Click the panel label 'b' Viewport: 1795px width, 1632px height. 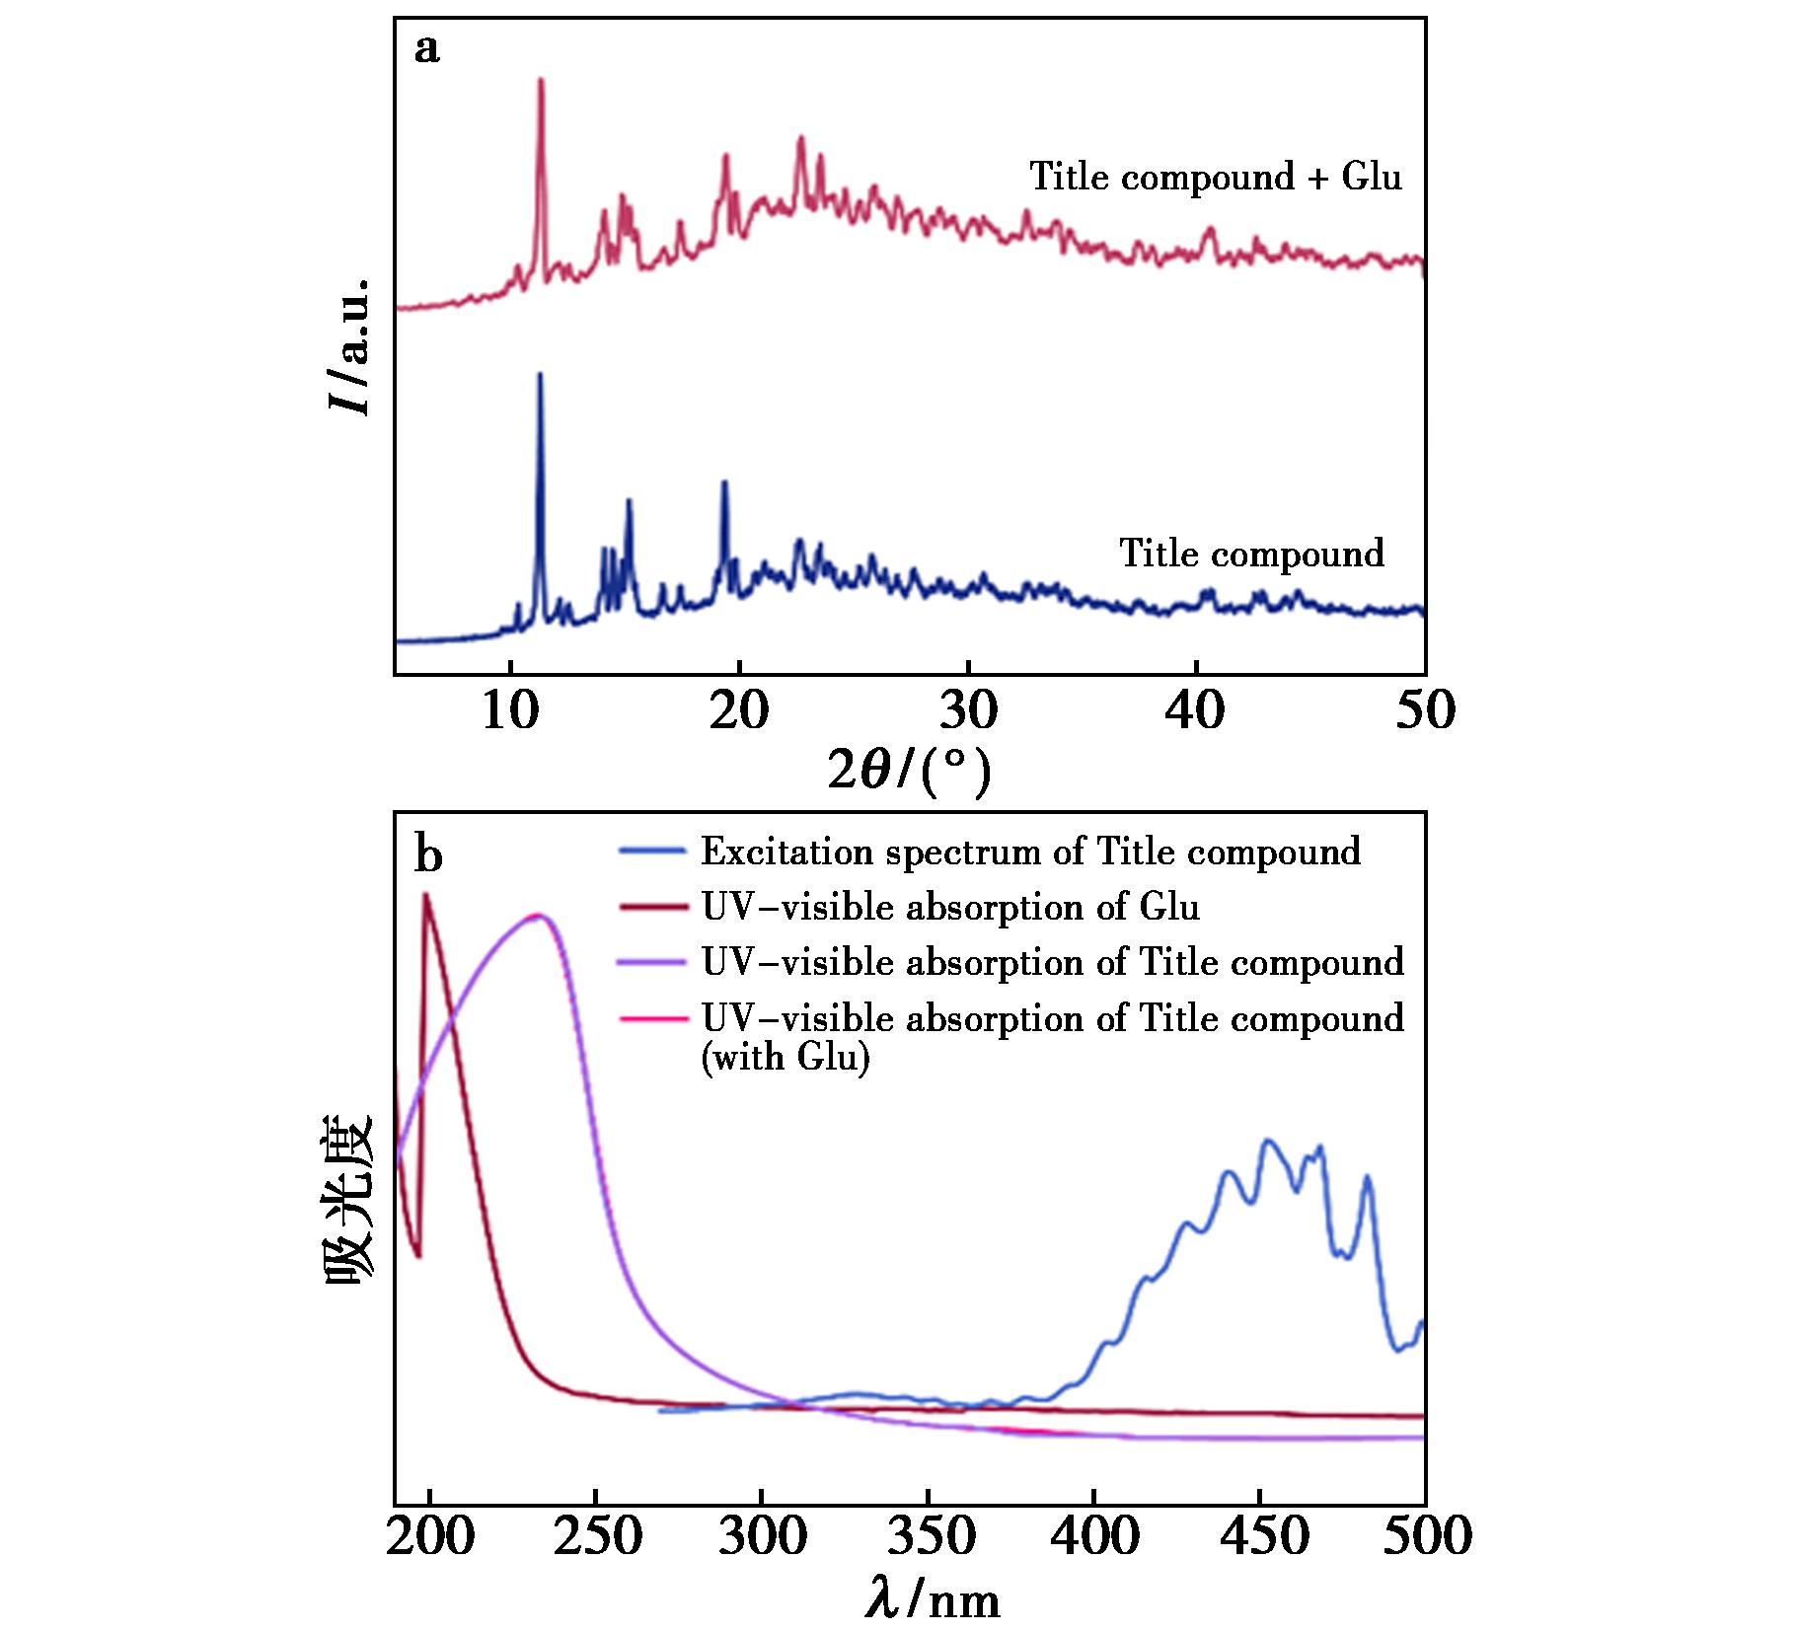(x=428, y=855)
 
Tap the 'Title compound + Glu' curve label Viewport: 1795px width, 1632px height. (x=1215, y=178)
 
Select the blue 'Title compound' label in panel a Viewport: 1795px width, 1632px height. (x=1251, y=554)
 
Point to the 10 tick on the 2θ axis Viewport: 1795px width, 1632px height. (x=509, y=709)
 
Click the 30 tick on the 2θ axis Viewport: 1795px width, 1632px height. (x=968, y=709)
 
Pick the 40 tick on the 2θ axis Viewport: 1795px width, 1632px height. (x=1196, y=709)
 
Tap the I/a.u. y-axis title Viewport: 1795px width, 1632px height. (x=350, y=345)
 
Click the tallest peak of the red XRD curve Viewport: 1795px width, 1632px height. (x=541, y=81)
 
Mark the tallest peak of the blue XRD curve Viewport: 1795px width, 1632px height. (x=540, y=375)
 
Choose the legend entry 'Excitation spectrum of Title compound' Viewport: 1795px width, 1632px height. (x=1030, y=852)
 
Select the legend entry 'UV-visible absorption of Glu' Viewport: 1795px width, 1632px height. (x=950, y=907)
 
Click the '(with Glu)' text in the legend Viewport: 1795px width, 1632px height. (x=785, y=1058)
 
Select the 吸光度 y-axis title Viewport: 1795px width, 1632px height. (x=350, y=1199)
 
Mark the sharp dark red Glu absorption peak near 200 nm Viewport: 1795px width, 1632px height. (x=426, y=896)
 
